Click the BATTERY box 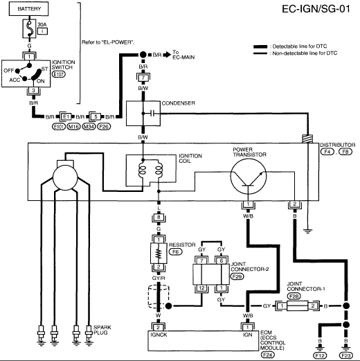coord(29,9)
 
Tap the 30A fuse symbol coord(29,28)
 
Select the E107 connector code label coord(59,74)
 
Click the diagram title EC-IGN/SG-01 coord(316,9)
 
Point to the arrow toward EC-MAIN coord(167,55)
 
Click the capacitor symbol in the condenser coord(152,114)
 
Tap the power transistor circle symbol coord(249,177)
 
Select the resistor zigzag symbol coord(159,254)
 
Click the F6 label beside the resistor coord(176,252)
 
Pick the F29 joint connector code coord(237,276)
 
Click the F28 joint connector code coord(294,296)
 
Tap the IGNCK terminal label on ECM coord(159,335)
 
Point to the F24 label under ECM coord(267,355)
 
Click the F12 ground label coord(320,355)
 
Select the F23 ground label coord(346,355)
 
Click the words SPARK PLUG coord(102,330)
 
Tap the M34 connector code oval coord(89,127)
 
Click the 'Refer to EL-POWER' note coord(108,42)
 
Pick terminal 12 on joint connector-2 coord(201,288)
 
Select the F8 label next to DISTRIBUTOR coord(345,152)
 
